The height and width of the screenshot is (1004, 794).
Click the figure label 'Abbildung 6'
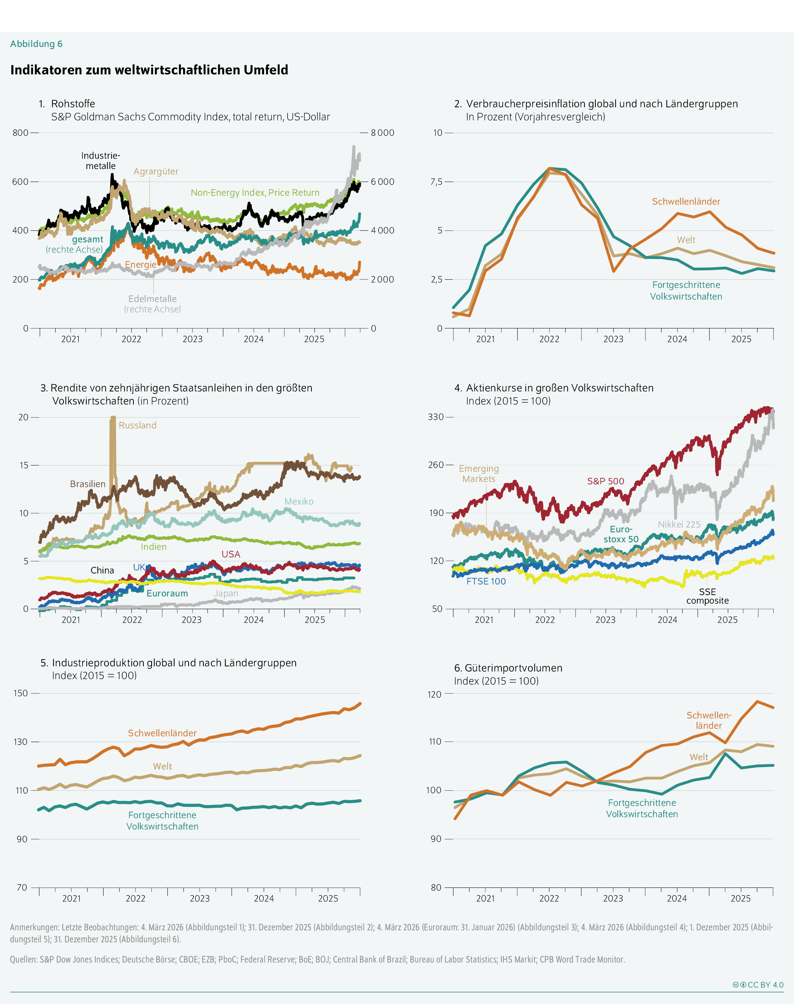point(36,44)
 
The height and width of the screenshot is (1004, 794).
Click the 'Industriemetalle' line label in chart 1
point(100,161)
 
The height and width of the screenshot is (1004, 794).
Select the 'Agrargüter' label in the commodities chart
point(156,171)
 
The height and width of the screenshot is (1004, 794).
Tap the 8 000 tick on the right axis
point(382,133)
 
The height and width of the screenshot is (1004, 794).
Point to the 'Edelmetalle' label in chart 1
point(153,299)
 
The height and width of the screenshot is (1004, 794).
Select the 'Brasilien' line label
point(88,484)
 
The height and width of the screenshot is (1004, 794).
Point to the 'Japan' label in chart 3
point(226,594)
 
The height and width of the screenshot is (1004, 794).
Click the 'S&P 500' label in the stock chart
point(605,481)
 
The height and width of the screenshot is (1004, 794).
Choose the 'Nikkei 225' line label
point(679,524)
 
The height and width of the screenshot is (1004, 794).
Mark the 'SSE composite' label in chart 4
point(707,596)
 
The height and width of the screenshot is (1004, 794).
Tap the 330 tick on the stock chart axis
point(436,417)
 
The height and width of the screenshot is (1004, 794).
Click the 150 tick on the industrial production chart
point(21,693)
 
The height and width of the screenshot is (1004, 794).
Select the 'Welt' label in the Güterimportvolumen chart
point(699,757)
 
